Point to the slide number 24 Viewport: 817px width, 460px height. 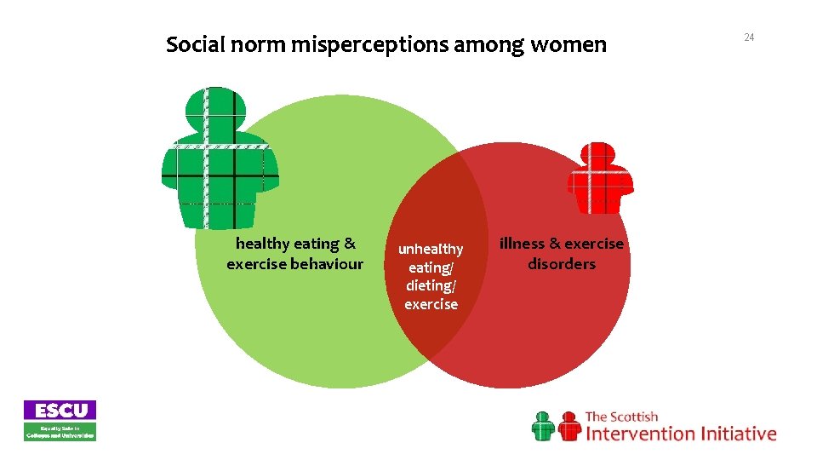coord(749,37)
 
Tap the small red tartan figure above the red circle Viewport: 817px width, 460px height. coord(601,178)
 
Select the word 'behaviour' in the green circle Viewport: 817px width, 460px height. coord(327,264)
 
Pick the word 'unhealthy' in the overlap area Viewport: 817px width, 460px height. coord(431,249)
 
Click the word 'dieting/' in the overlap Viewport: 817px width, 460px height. coord(431,286)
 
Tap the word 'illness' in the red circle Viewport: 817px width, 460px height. coord(522,244)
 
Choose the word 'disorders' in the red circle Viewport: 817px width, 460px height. coord(562,264)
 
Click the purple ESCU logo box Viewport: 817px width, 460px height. coord(60,410)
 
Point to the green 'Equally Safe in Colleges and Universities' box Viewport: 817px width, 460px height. coord(60,431)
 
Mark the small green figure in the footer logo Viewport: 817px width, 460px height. coord(543,426)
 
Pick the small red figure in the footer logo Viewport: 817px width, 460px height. coord(568,426)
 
